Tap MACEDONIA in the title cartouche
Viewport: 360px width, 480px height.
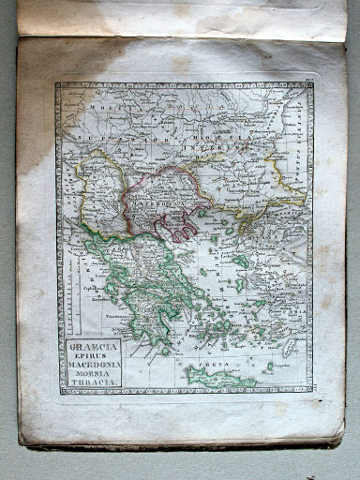point(95,367)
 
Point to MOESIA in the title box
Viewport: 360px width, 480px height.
point(95,376)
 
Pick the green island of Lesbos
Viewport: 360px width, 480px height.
point(241,262)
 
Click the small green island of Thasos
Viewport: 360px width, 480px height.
point(202,214)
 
